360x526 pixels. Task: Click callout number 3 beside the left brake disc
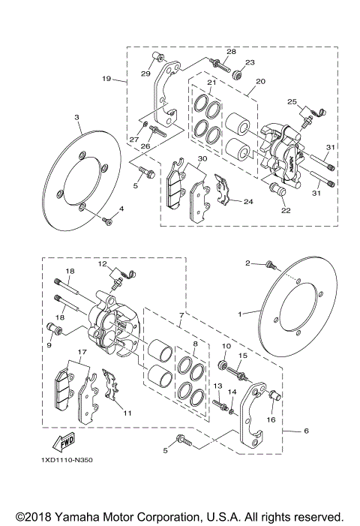coord(76,118)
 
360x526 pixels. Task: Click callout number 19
coord(106,77)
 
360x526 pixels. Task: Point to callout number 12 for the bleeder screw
coord(102,263)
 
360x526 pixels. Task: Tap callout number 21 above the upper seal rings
coord(212,83)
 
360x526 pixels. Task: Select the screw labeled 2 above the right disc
coord(271,266)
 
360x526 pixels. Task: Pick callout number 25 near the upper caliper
coord(292,101)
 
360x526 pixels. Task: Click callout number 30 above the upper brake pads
coord(202,159)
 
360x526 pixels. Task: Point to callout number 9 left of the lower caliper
coord(49,346)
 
